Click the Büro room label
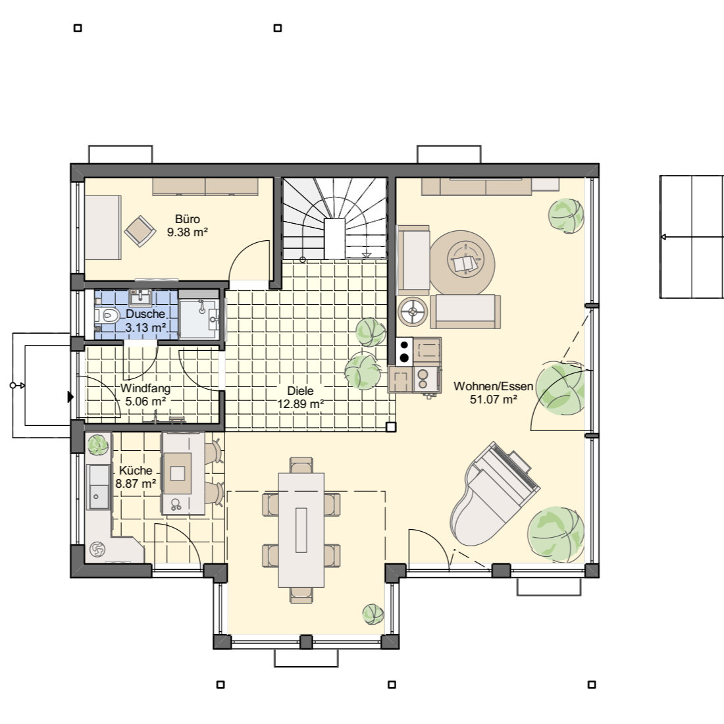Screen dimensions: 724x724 188,219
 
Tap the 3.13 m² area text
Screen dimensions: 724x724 145,327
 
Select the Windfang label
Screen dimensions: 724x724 145,388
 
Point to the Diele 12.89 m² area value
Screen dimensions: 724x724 301,404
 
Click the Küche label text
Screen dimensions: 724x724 136,471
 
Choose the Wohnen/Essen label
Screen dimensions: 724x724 493,386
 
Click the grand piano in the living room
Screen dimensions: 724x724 495,494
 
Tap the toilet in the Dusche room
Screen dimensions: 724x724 107,317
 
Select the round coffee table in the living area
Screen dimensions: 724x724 462,263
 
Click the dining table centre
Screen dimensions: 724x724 301,530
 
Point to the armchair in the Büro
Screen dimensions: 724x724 140,231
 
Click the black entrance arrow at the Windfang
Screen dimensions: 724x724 70,397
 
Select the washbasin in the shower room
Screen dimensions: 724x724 140,298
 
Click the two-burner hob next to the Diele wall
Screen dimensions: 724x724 404,351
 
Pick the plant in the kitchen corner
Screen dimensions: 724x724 97,445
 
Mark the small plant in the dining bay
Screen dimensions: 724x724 373,615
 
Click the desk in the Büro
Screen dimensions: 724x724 103,228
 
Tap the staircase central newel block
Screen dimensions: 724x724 335,239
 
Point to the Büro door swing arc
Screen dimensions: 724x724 242,249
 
